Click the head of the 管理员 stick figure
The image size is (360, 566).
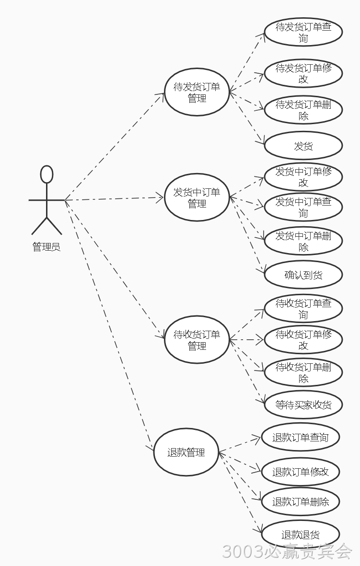point(47,174)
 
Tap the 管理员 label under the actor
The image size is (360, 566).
point(46,247)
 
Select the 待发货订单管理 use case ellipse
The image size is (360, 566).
point(197,92)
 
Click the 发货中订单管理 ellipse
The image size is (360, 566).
point(197,197)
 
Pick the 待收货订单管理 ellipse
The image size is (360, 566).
point(197,340)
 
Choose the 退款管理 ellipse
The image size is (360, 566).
point(186,452)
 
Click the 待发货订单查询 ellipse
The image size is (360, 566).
point(303,32)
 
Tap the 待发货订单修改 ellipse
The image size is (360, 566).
point(303,73)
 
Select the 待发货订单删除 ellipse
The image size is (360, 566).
point(303,110)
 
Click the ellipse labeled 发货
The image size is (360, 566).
point(303,146)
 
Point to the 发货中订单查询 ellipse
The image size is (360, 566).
point(303,207)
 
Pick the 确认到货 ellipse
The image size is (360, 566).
point(303,275)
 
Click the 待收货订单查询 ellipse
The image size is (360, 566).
point(303,309)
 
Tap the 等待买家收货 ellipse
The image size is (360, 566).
point(303,404)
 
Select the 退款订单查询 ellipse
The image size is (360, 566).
point(301,437)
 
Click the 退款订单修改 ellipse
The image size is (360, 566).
point(301,472)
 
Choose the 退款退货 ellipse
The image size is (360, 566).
point(301,534)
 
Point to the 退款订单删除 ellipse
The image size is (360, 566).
point(301,501)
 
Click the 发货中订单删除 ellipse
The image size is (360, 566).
point(303,241)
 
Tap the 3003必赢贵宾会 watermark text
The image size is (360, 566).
point(287,552)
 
